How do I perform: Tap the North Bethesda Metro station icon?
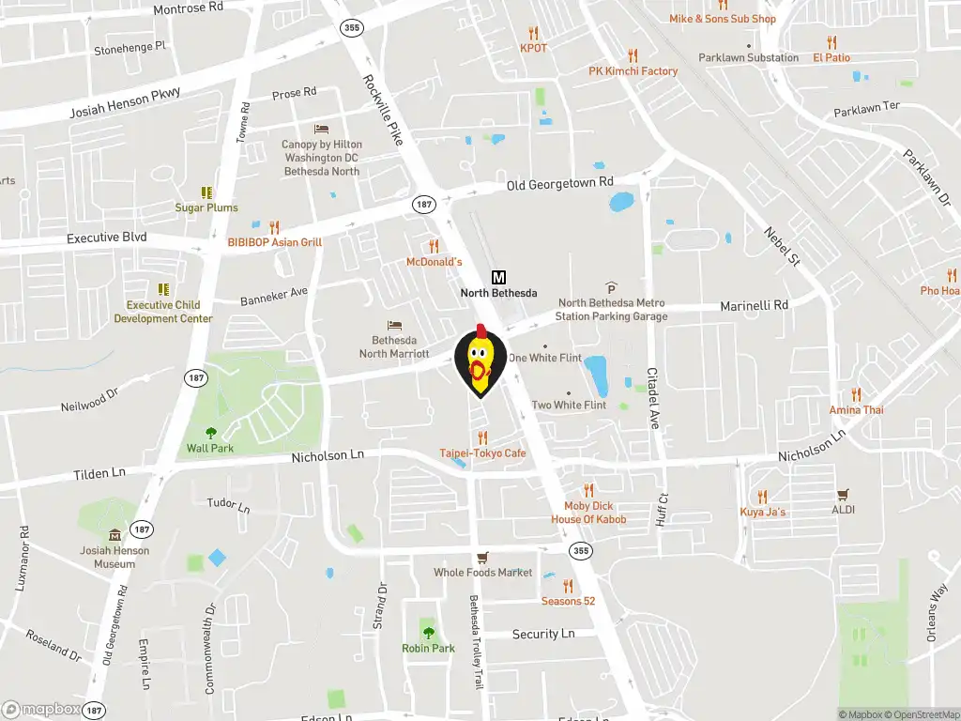click(498, 277)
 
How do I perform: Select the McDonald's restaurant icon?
click(434, 246)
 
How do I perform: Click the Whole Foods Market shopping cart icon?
click(482, 557)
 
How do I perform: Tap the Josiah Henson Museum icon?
click(115, 534)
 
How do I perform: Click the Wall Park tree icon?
click(210, 433)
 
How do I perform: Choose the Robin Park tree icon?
click(428, 632)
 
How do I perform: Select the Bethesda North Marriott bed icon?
click(394, 325)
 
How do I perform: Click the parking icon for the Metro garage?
click(611, 287)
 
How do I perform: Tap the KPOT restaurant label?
click(533, 48)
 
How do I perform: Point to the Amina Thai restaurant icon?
click(856, 394)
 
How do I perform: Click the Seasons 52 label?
click(568, 601)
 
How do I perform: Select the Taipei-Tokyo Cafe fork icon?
click(482, 437)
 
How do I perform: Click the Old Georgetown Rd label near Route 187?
click(559, 183)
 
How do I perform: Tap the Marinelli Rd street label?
click(754, 305)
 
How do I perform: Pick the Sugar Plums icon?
click(206, 192)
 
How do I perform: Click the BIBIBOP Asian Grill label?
click(274, 242)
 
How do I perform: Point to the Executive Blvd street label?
click(107, 238)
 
